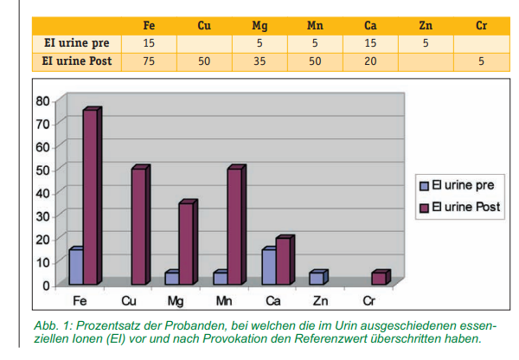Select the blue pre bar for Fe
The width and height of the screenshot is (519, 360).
click(x=76, y=267)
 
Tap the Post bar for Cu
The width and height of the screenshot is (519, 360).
click(x=138, y=227)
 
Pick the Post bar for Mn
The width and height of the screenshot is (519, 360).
click(x=234, y=227)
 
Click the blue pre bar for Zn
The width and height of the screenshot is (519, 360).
click(x=317, y=278)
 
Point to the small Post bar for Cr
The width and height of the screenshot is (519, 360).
click(x=379, y=278)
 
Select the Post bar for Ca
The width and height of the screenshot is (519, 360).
click(x=282, y=260)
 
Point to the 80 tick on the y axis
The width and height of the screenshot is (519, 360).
click(x=42, y=100)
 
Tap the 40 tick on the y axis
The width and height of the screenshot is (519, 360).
click(x=42, y=192)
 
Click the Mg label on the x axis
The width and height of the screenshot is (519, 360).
click(x=176, y=299)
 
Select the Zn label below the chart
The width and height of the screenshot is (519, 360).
click(x=321, y=299)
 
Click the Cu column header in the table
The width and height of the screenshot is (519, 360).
click(x=204, y=25)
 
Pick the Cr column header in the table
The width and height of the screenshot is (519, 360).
click(x=482, y=25)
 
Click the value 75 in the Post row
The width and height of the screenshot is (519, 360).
click(x=149, y=61)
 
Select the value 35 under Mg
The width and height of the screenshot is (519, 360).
click(x=259, y=61)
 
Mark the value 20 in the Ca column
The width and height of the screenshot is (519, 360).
click(x=370, y=61)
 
